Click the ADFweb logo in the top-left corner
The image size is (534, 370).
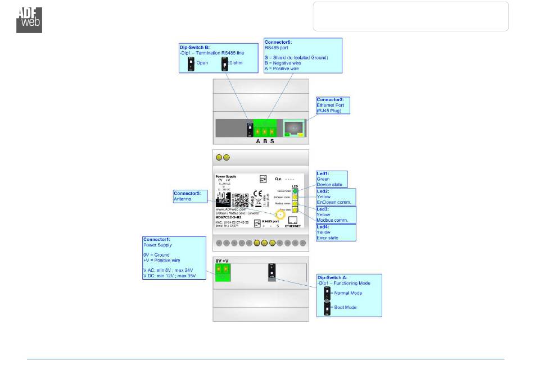(29, 19)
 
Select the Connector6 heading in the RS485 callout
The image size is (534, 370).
(279, 42)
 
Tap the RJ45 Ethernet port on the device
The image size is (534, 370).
(295, 129)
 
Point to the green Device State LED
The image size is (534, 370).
(295, 191)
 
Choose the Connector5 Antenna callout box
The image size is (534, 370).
(189, 197)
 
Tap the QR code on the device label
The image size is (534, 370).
(241, 201)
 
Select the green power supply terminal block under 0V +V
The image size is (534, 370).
(222, 273)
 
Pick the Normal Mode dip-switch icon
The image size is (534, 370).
(327, 293)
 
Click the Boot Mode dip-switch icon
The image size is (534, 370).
(327, 308)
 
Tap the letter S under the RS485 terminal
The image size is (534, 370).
(273, 141)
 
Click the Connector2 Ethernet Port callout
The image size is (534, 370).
(333, 105)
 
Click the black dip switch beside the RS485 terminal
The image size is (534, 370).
(250, 129)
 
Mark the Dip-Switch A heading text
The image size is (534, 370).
(333, 277)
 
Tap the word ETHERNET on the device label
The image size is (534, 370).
(292, 226)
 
